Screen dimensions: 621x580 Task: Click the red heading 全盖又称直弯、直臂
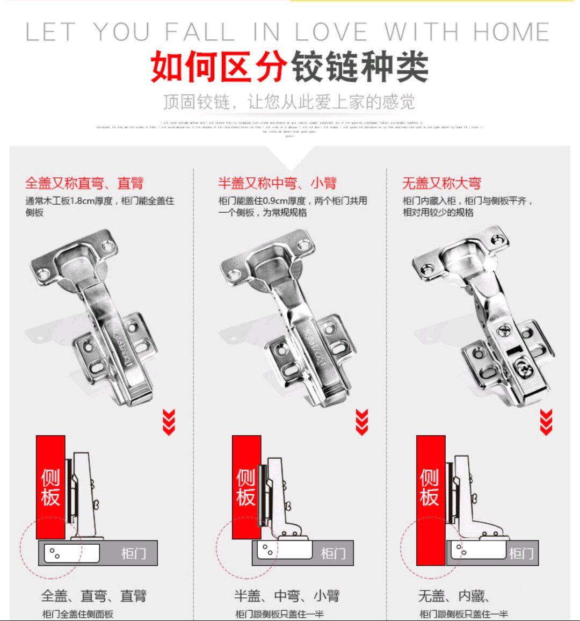(x=84, y=183)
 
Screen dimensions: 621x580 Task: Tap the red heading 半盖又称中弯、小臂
(x=277, y=183)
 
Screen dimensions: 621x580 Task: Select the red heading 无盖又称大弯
(x=441, y=183)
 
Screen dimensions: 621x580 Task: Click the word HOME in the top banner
(x=511, y=32)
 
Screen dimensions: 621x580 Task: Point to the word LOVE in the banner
(x=331, y=32)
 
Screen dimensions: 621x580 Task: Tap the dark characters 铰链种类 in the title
(x=360, y=67)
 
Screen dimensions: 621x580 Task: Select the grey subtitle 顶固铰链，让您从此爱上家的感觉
(x=289, y=102)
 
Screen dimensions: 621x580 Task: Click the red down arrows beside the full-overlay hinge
(x=169, y=422)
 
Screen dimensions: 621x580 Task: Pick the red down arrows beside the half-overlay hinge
(x=362, y=422)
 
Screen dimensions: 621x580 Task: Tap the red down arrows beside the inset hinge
(x=546, y=422)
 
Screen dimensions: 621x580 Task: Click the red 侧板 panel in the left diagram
(x=50, y=487)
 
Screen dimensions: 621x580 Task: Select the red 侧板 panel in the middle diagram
(x=246, y=487)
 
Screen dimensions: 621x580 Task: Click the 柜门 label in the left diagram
(x=133, y=553)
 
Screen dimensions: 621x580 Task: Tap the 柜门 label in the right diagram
(x=521, y=553)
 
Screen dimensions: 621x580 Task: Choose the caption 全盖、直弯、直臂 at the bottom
(x=94, y=596)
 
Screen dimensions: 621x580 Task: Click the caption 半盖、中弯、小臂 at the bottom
(x=287, y=596)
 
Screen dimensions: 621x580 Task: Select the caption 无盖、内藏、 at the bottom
(x=454, y=596)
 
